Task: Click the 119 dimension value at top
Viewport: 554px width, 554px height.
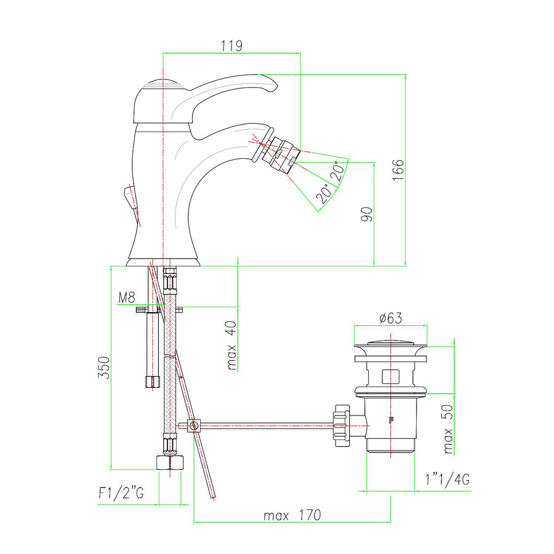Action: pos(231,46)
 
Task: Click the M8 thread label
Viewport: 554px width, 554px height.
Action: pos(126,299)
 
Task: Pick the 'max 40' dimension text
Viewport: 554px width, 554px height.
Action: pos(231,348)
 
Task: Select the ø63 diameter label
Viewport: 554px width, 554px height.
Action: pos(390,318)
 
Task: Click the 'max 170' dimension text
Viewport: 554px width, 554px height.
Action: pos(292,515)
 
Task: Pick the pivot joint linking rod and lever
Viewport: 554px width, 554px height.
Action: pos(194,425)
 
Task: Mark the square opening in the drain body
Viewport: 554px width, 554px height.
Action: pos(390,375)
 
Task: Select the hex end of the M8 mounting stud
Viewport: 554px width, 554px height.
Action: pos(151,382)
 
